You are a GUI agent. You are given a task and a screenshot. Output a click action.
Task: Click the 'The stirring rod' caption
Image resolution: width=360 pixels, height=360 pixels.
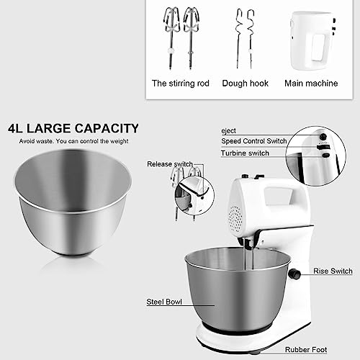(x=181, y=84)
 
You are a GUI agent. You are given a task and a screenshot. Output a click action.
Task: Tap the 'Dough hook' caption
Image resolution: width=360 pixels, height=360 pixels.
(x=246, y=84)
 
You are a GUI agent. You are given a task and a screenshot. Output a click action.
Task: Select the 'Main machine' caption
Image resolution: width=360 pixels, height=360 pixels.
(x=311, y=84)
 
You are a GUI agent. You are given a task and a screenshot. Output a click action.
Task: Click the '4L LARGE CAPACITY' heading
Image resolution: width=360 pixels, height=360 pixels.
(x=73, y=128)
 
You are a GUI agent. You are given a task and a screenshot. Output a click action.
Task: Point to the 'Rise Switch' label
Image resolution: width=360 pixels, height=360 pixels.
(x=333, y=271)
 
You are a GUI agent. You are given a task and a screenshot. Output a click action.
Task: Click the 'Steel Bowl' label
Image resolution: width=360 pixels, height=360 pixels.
(x=164, y=302)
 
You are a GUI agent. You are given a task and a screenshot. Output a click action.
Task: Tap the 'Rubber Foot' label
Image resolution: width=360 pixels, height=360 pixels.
(x=306, y=350)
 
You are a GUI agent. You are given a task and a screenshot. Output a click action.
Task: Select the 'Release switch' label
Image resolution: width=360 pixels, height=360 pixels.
(x=170, y=164)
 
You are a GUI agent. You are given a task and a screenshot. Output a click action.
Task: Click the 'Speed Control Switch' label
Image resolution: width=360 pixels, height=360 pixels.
(x=254, y=141)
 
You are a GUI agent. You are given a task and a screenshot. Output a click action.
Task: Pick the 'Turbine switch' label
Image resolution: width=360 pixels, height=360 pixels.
(x=245, y=153)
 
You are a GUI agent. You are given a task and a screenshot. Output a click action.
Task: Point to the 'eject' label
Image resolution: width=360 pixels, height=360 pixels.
(x=228, y=131)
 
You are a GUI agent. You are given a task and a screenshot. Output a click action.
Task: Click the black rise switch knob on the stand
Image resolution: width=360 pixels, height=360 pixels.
(x=294, y=274)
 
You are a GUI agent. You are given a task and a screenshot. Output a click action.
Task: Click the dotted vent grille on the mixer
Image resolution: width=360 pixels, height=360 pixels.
(x=235, y=219)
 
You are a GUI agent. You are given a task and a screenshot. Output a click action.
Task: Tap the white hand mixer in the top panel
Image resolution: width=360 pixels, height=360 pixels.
(x=312, y=41)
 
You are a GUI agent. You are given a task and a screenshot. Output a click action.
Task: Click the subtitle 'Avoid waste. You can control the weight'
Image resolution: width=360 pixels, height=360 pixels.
(x=73, y=141)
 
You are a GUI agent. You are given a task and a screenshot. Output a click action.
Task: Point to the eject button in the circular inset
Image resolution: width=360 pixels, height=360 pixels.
(x=323, y=137)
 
